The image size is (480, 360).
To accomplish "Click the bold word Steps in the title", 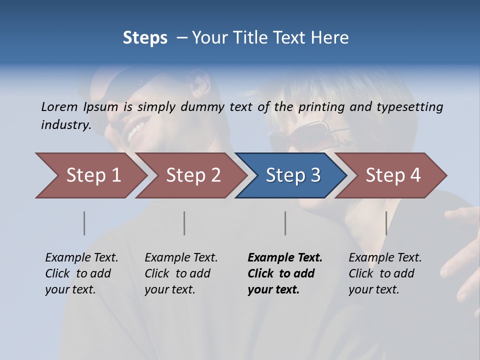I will (145, 38).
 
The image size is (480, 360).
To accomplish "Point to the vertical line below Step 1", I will (84, 223).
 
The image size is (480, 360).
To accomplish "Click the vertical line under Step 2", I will (184, 223).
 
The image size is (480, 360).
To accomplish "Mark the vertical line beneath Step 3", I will (285, 223).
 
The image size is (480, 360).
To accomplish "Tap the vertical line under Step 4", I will (386, 223).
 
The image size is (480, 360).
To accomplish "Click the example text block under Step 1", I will (81, 273).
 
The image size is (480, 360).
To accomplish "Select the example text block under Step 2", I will (181, 273).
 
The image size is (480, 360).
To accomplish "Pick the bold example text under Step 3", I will (285, 273).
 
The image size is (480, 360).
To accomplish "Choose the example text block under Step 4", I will (385, 273).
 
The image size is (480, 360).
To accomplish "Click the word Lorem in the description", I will (59, 106).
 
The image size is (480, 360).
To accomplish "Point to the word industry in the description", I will (66, 125).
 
